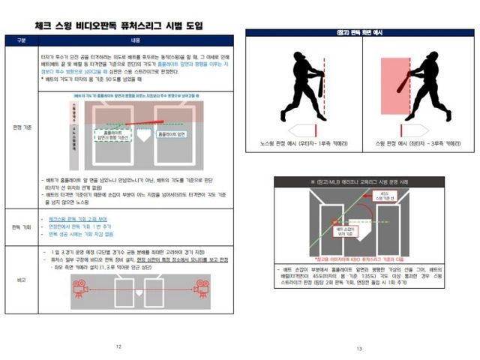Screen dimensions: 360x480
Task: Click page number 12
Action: (x=118, y=346)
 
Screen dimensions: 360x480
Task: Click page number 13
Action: (x=359, y=348)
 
